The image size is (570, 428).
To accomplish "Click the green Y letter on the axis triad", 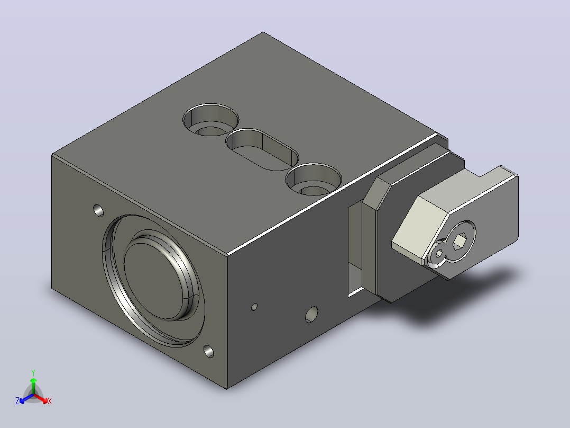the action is click(x=33, y=372).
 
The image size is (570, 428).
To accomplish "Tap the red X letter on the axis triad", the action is click(x=50, y=401).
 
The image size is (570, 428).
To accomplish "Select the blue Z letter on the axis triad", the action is click(x=17, y=401).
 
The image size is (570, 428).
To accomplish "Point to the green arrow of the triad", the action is click(x=33, y=386).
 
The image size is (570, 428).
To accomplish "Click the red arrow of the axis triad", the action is click(x=41, y=398).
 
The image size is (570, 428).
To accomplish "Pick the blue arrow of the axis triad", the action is click(x=26, y=398).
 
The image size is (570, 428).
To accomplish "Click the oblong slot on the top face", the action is click(x=262, y=149).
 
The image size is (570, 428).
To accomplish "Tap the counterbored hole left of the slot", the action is click(x=211, y=120).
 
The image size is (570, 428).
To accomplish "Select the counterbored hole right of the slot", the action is click(x=314, y=179).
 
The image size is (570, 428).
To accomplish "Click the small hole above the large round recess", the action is click(x=98, y=210).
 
